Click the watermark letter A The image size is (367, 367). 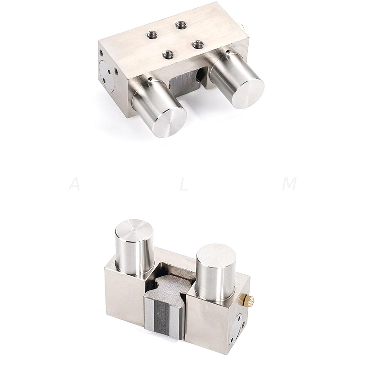point(74,184)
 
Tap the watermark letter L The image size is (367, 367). point(184,184)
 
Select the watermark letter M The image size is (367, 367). point(289,184)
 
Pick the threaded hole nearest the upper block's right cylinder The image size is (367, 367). point(198,44)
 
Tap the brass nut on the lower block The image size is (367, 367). point(249,300)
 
